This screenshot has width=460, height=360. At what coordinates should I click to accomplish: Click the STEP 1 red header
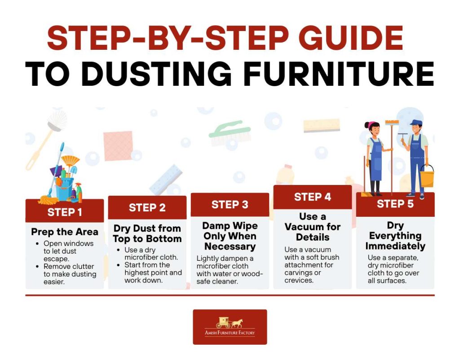pyautogui.click(x=64, y=211)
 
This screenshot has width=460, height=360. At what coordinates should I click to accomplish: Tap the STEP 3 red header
pyautogui.click(x=230, y=205)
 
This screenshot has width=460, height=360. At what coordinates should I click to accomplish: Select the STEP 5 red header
pyautogui.click(x=395, y=204)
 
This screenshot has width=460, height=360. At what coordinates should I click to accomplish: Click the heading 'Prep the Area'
pyautogui.click(x=64, y=232)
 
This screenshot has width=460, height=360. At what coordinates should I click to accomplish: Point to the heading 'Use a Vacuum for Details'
pyautogui.click(x=313, y=227)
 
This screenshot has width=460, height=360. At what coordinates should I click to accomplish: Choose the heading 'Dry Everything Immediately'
pyautogui.click(x=395, y=236)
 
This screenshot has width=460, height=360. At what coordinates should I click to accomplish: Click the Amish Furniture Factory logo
pyautogui.click(x=230, y=327)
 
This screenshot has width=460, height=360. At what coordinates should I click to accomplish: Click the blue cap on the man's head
pyautogui.click(x=416, y=123)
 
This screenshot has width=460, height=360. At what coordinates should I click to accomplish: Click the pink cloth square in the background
pyautogui.click(x=118, y=145)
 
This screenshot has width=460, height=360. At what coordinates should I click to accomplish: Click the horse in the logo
pyautogui.click(x=237, y=322)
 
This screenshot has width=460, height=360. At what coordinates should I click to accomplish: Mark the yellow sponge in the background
pyautogui.click(x=322, y=125)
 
